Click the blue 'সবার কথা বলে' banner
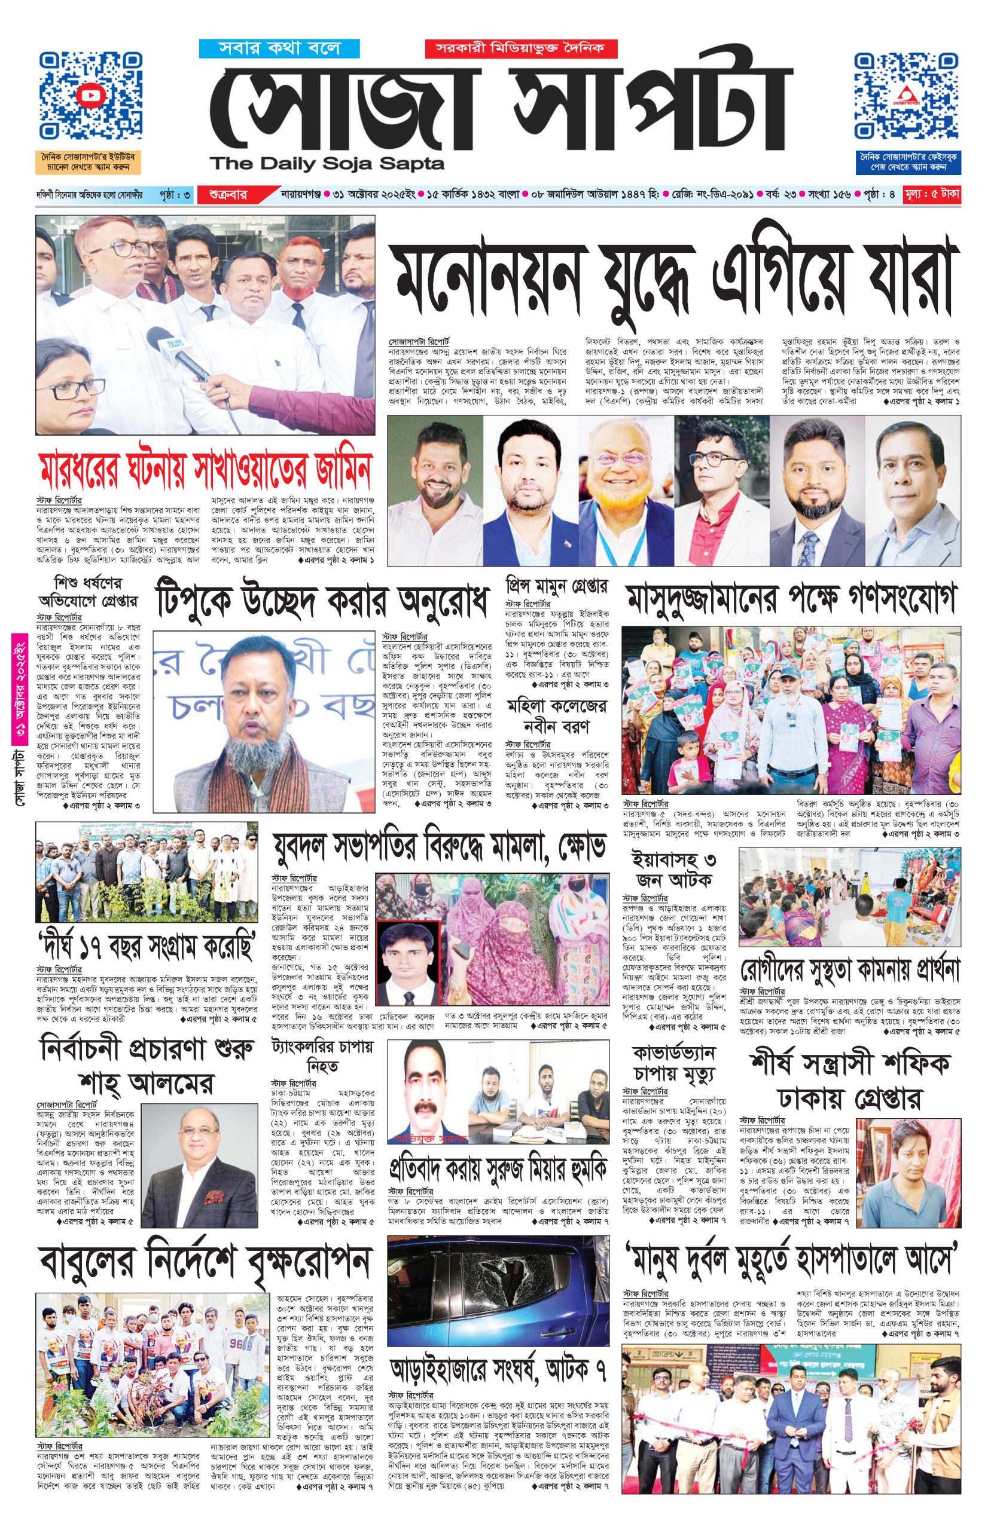[x=279, y=48]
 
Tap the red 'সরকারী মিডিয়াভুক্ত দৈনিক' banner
[x=520, y=48]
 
